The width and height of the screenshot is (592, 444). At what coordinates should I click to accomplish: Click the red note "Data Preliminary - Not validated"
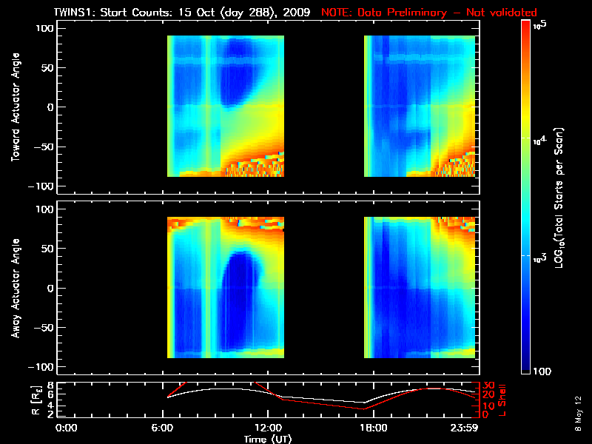click(x=429, y=13)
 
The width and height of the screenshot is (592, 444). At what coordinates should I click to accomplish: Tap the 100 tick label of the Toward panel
click(x=47, y=28)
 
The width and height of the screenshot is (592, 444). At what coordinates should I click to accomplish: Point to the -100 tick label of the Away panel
click(x=43, y=367)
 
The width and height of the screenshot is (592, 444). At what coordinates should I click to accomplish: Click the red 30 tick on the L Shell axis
click(x=487, y=386)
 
